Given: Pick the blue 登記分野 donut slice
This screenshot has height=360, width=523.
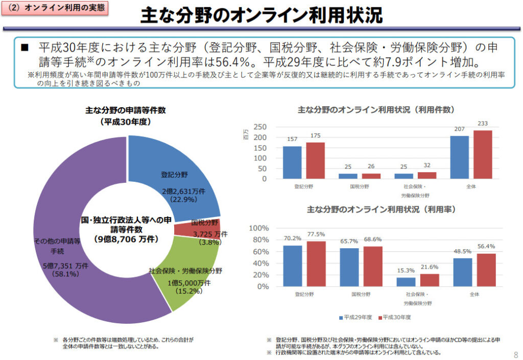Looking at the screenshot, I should [169, 169].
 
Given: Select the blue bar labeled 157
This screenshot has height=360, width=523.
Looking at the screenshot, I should [292, 162].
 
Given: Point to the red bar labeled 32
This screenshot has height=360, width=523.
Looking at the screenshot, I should [426, 175].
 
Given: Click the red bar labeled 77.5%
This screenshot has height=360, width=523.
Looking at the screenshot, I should [316, 263].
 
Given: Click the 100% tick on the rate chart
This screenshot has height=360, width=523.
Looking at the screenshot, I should [258, 228].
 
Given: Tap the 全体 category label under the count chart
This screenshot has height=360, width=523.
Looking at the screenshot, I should [471, 187].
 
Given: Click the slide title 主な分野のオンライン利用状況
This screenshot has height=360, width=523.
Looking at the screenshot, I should [261, 15].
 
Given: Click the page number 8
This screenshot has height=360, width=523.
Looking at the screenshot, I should [515, 354].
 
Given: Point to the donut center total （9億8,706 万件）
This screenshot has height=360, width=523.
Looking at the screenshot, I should [126, 239].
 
